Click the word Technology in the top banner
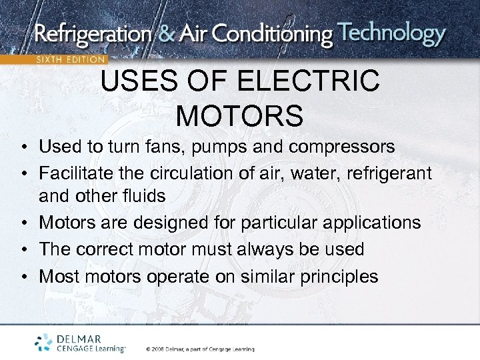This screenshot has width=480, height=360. (391, 33)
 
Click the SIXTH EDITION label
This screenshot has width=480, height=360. (70, 59)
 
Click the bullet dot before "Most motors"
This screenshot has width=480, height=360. (23, 277)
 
